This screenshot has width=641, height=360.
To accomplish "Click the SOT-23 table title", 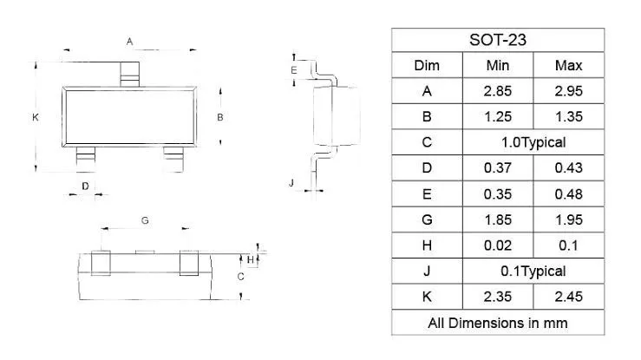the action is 498,40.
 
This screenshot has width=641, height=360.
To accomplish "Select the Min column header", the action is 498,65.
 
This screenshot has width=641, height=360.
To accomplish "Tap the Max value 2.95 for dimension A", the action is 568,91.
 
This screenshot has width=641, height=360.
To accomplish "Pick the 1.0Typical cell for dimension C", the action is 533,142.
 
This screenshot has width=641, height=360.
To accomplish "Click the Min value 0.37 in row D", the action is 498,168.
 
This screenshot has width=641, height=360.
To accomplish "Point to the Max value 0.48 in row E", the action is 568,194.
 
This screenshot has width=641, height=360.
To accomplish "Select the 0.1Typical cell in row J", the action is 533,271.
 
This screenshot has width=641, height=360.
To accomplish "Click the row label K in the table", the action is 427,297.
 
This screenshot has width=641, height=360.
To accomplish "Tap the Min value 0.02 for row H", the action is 498,245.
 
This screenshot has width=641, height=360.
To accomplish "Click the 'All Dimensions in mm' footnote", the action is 498,323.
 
